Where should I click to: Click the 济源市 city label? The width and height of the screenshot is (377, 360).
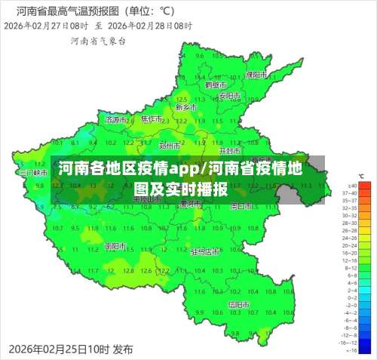(x=116, y=119)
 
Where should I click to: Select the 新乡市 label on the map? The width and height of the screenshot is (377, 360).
(x=185, y=107)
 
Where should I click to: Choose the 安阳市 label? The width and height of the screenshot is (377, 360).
(x=229, y=97)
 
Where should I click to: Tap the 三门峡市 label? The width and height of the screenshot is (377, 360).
(x=32, y=173)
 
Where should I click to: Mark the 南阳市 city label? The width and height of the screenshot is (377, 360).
(x=115, y=246)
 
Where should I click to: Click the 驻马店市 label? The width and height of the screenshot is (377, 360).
(x=205, y=251)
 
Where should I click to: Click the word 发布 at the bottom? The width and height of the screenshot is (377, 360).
(x=122, y=349)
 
